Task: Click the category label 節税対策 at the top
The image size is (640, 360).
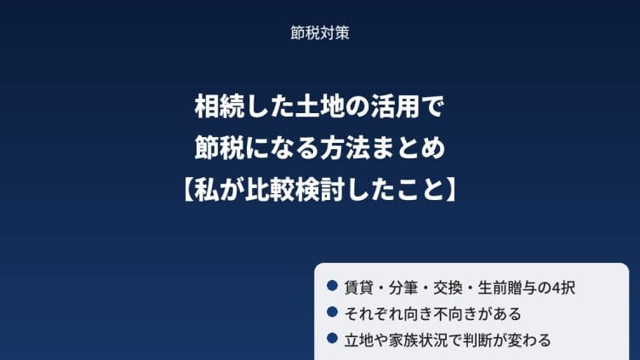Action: pos(320,33)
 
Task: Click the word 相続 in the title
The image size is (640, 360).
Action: pos(220,107)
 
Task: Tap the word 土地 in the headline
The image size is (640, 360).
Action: pos(320,107)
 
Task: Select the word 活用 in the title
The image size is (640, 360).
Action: pos(395,107)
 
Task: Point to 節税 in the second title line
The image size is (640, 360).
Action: pos(220,148)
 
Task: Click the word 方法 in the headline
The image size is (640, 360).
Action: pos(345,148)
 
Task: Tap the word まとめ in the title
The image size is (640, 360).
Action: pos(408,148)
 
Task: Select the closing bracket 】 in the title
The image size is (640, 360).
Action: pos(451,190)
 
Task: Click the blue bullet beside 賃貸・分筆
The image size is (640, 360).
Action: pos(332,286)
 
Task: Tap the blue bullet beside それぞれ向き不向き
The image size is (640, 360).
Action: pos(332,311)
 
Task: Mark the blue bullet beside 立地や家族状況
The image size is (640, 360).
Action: pos(332,338)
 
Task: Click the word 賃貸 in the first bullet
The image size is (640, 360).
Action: pos(359,288)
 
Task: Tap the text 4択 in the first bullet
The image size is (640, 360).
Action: pos(563,288)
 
